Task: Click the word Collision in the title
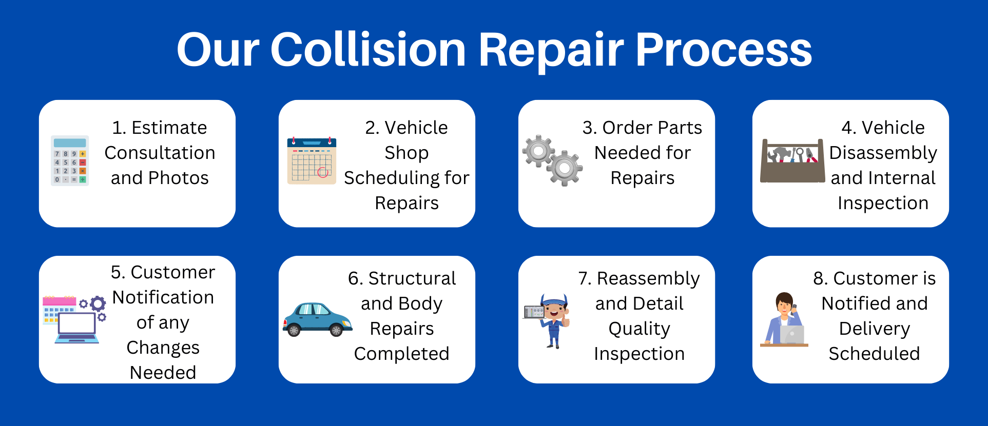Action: [x=368, y=50]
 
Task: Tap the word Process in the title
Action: [x=724, y=50]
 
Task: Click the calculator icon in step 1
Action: [x=70, y=160]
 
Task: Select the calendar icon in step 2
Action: [x=312, y=160]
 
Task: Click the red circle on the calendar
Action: [x=323, y=172]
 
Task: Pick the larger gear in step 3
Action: [x=565, y=168]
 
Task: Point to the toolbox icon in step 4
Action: [x=792, y=160]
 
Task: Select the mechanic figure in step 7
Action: [x=553, y=320]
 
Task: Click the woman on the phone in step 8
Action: [x=782, y=319]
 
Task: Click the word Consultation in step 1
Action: [x=160, y=153]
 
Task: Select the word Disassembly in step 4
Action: [x=883, y=153]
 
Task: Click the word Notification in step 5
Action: [x=163, y=297]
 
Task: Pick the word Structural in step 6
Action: [x=412, y=278]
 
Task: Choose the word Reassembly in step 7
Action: [x=648, y=278]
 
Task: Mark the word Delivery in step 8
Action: [x=875, y=329]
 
